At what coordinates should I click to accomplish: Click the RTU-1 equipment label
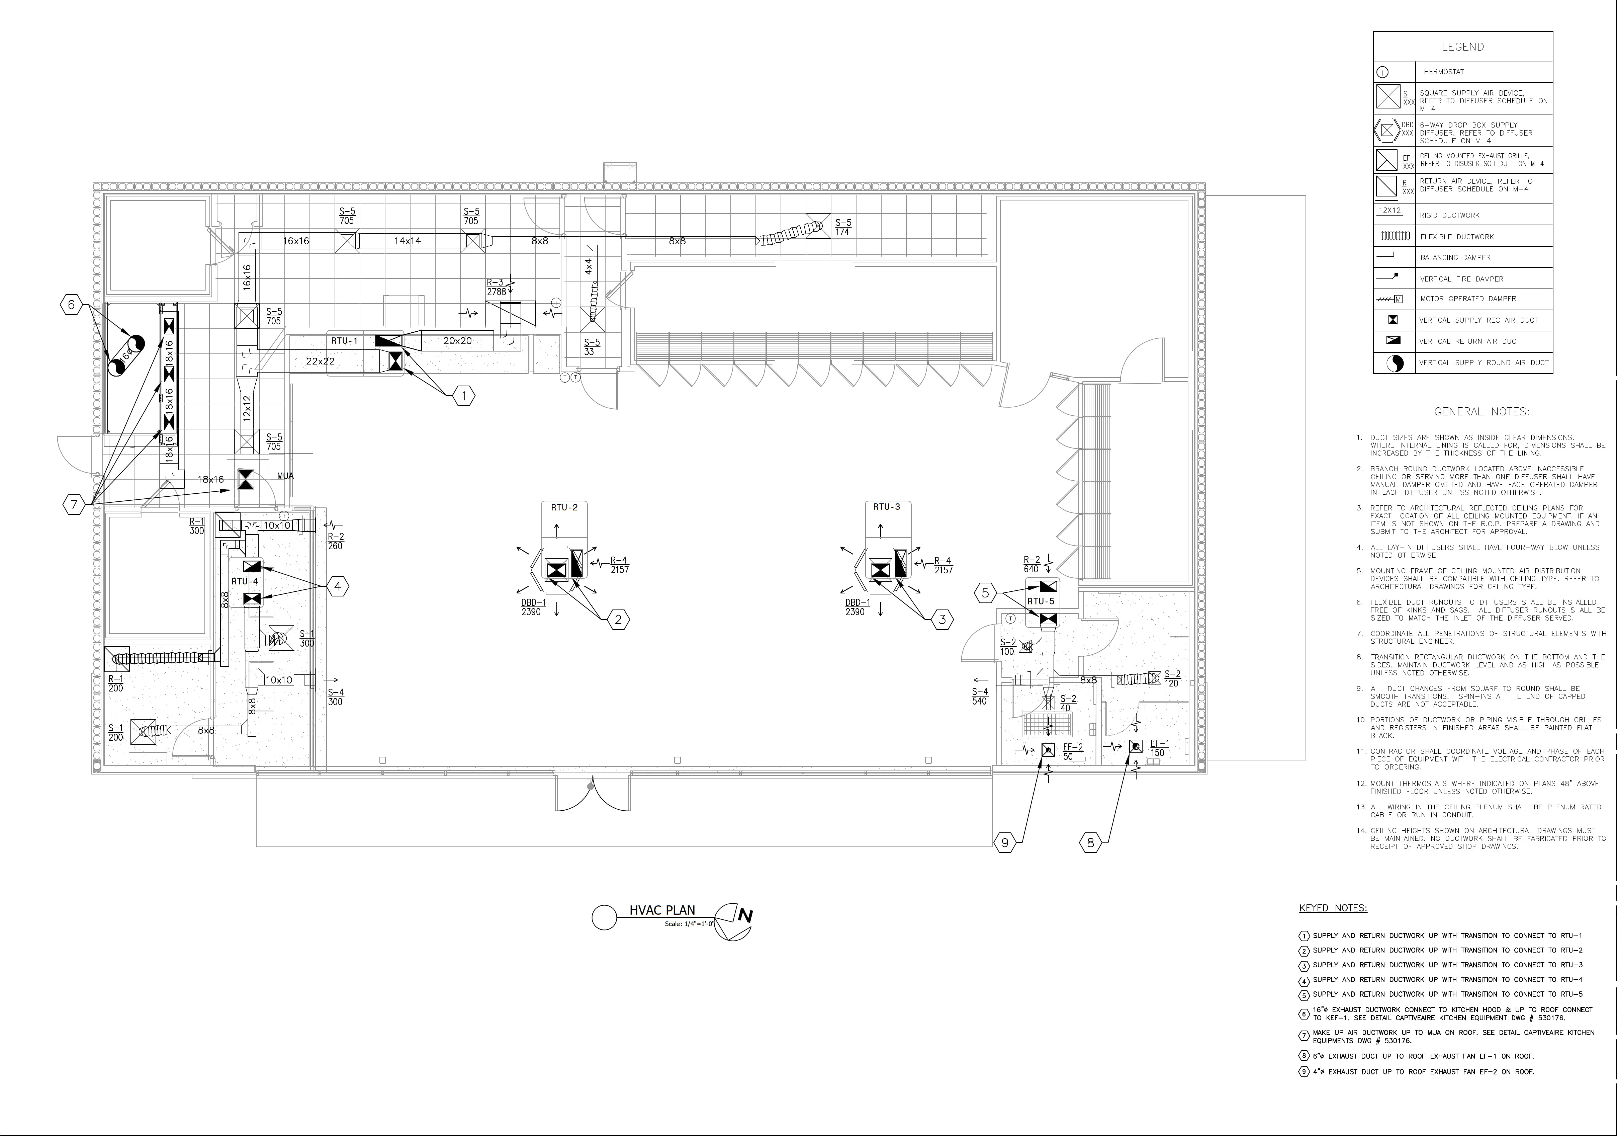344,341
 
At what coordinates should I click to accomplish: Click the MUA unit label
285,476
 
